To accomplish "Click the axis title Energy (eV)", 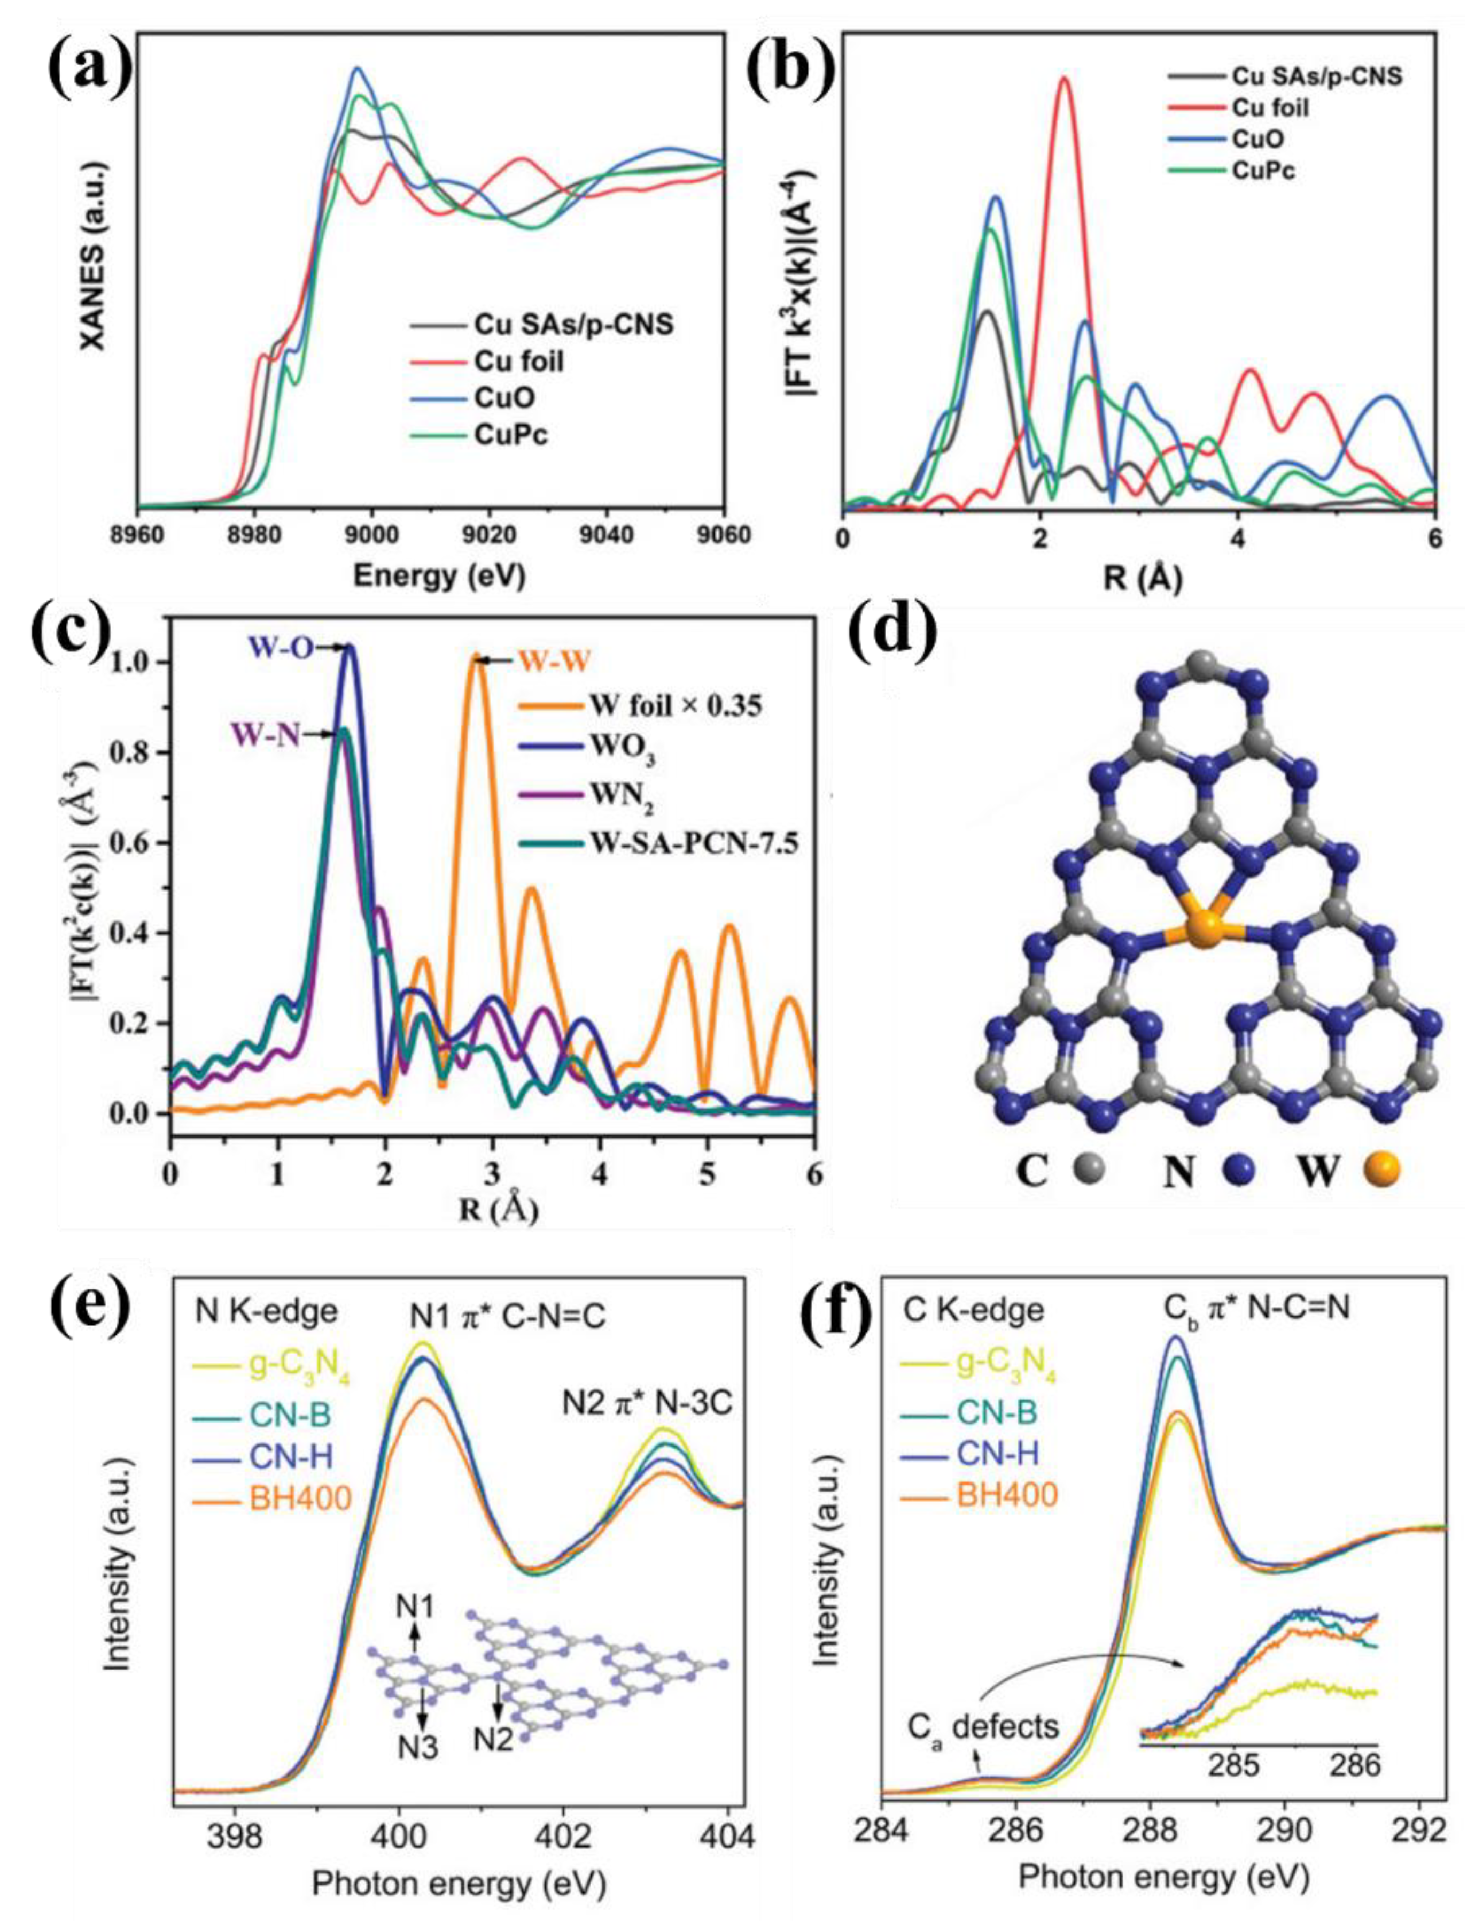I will point(439,576).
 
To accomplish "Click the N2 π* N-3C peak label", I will point(647,1404).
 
